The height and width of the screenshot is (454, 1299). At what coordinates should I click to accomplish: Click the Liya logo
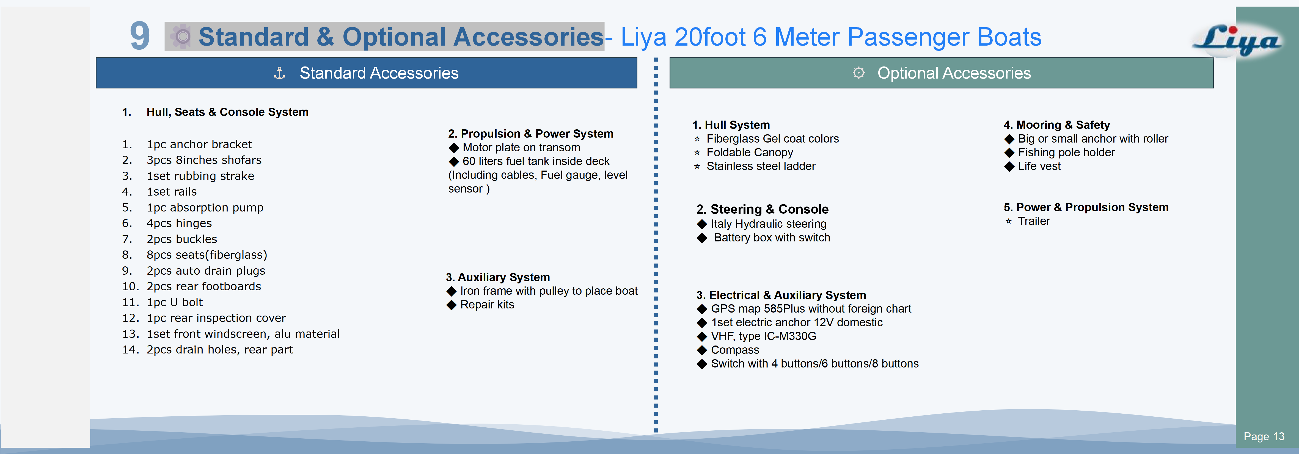[1237, 40]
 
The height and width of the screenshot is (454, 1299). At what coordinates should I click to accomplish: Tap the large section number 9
[140, 36]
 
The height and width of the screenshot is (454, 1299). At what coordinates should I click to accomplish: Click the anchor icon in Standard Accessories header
[279, 74]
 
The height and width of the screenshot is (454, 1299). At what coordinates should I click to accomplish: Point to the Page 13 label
[1264, 436]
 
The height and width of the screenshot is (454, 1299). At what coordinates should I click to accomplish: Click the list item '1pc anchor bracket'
[199, 145]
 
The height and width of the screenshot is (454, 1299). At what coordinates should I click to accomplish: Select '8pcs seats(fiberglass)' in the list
[207, 255]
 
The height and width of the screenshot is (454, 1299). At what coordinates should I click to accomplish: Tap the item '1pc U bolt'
[175, 302]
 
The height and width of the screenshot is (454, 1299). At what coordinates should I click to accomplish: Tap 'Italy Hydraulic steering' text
[769, 224]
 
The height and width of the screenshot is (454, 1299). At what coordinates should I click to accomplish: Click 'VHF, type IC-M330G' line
[763, 336]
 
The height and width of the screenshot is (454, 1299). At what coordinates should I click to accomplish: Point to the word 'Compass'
[735, 350]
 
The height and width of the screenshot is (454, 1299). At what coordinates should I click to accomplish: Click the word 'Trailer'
[1034, 221]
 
